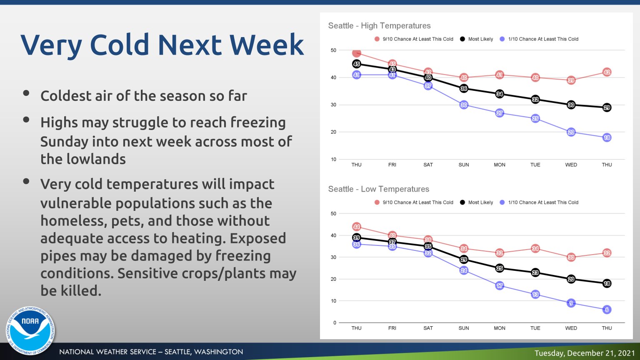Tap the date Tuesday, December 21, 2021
point(585,353)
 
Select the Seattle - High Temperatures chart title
point(379,26)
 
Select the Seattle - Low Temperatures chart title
point(378,189)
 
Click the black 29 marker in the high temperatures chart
point(607,107)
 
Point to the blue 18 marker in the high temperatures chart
point(607,137)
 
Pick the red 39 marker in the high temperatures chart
point(571,80)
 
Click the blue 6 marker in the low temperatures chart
point(607,310)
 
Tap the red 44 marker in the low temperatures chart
point(356,227)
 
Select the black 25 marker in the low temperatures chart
point(500,268)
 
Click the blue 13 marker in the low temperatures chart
point(535,294)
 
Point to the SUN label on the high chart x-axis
point(464,165)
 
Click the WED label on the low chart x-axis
point(571,328)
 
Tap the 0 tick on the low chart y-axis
point(335,322)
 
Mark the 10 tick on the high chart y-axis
point(333,159)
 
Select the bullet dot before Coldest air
point(26,93)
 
